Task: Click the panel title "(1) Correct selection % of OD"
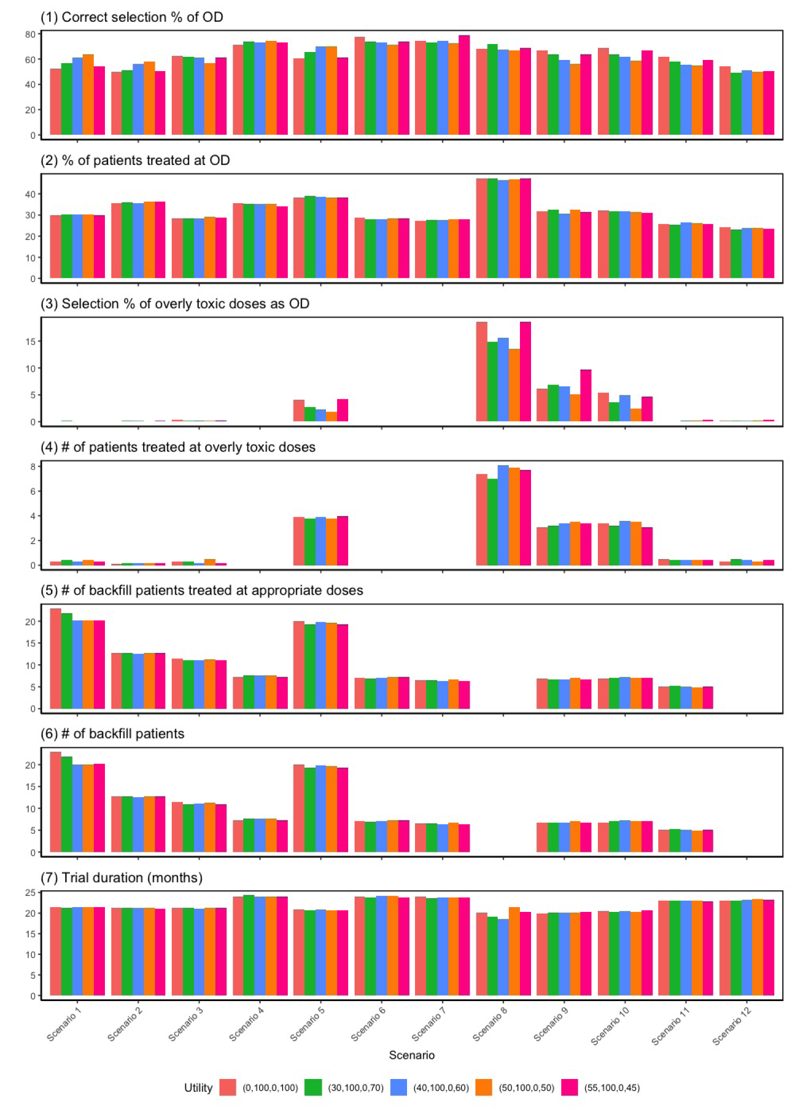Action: click(x=132, y=17)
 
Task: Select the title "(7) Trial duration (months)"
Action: click(x=122, y=877)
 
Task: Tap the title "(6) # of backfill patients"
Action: click(x=112, y=734)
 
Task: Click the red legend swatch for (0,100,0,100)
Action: click(x=228, y=1087)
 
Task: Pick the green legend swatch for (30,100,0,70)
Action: click(x=313, y=1087)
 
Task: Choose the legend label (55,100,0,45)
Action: click(x=612, y=1087)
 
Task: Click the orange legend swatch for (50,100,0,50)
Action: click(x=484, y=1087)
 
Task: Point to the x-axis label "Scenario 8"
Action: click(x=490, y=1024)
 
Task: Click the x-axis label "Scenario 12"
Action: click(x=731, y=1025)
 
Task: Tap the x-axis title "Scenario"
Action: click(x=412, y=1055)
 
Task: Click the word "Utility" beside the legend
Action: click(x=198, y=1087)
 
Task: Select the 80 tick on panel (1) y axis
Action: click(x=30, y=34)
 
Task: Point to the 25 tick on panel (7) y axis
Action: click(x=30, y=893)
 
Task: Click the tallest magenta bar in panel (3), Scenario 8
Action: click(x=525, y=371)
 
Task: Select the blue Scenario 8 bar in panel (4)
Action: click(x=503, y=515)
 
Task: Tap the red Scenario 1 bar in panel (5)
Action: click(x=56, y=658)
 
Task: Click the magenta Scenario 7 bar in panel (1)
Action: click(x=464, y=85)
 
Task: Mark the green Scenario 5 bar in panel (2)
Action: click(x=310, y=237)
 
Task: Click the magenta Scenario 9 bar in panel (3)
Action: click(x=586, y=396)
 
